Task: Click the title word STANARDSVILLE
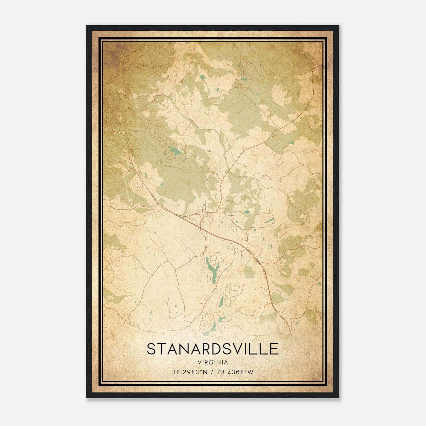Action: [212, 349]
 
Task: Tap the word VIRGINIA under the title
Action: [212, 362]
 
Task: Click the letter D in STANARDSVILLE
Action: [215, 349]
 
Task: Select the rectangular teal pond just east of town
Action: [247, 212]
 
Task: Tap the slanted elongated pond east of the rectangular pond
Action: [269, 221]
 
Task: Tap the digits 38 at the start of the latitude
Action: [175, 372]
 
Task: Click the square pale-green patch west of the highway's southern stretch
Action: [249, 271]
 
